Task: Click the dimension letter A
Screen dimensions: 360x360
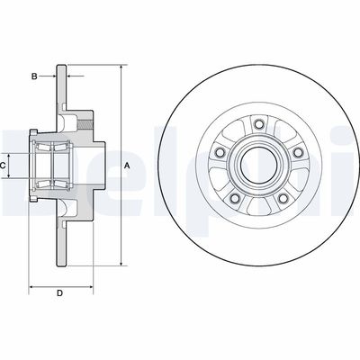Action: click(x=127, y=166)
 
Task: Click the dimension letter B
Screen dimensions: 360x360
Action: click(x=34, y=77)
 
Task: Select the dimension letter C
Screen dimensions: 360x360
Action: click(x=4, y=166)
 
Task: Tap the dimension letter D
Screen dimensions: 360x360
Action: click(x=60, y=293)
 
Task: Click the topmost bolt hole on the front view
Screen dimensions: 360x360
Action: click(x=259, y=123)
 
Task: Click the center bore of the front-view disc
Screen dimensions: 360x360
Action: click(x=256, y=166)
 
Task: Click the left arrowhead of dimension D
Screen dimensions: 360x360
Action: click(x=32, y=287)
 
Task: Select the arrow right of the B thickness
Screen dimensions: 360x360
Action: click(x=69, y=77)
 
